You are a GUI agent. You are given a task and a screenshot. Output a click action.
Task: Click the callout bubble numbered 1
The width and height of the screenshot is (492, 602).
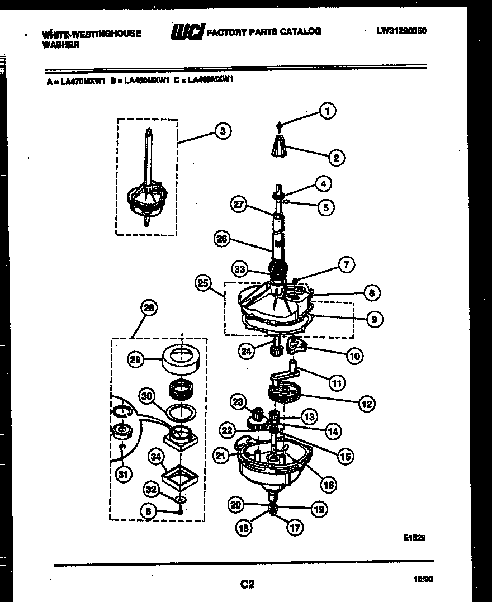coord(327,111)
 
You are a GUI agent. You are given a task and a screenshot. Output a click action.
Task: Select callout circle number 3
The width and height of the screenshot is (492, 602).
coord(223,131)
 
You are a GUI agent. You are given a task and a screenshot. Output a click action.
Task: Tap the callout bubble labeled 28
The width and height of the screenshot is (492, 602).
coord(149,307)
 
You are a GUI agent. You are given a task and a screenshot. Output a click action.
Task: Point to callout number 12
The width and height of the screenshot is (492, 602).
coord(366,403)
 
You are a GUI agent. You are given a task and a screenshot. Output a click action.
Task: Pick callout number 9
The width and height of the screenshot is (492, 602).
coord(374,319)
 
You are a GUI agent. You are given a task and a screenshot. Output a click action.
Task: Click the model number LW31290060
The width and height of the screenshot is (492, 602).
coord(401,31)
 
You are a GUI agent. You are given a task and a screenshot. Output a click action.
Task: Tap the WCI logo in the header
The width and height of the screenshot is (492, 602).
coord(187,32)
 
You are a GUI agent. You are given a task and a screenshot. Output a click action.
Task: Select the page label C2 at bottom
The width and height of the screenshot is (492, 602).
coord(247,584)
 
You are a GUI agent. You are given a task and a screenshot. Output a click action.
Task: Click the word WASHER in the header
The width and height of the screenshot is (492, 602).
coord(61,45)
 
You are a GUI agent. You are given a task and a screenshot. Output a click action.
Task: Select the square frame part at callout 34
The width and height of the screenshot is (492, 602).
coord(182,476)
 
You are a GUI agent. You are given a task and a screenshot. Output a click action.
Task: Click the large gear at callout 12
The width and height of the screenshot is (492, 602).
coord(285,395)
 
